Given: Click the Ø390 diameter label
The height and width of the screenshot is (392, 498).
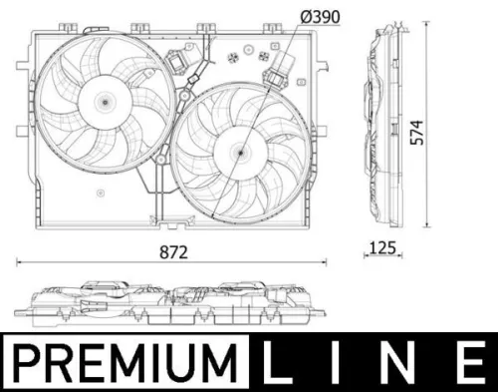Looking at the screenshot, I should point(303,18).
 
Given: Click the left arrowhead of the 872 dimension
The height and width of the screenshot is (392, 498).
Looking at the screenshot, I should point(20,262).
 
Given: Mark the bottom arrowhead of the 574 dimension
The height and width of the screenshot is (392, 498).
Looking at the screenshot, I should point(428,227).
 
